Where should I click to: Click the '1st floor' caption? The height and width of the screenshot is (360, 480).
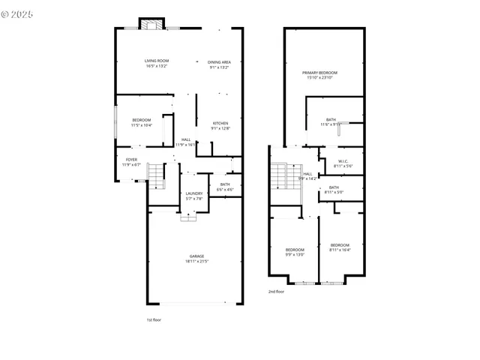154,319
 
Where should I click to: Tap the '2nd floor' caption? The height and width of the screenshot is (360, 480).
276,291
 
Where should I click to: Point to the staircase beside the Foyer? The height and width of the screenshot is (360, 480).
155,175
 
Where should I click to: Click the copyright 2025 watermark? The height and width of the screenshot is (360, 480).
19,13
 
